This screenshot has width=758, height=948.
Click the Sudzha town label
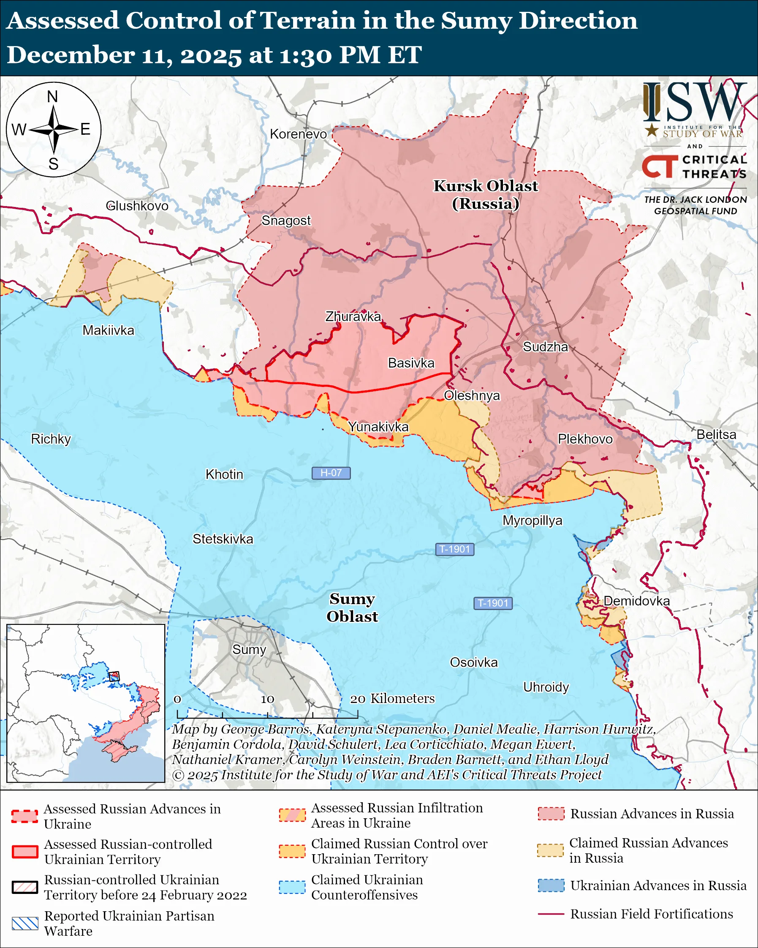click(x=545, y=347)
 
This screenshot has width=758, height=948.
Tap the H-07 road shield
click(x=331, y=473)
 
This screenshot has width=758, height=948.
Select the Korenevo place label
click(x=298, y=134)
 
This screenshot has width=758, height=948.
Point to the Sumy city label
click(x=249, y=649)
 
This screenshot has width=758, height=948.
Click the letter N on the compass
click(x=53, y=97)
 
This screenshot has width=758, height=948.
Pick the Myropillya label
click(x=532, y=520)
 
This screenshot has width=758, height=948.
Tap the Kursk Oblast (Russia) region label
click(x=486, y=195)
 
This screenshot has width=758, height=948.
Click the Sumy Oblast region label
click(x=352, y=607)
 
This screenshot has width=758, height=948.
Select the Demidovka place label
click(x=636, y=601)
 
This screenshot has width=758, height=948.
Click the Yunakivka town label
click(x=378, y=427)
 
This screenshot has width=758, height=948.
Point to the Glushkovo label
click(x=137, y=206)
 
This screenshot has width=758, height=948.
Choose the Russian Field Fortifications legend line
click(x=551, y=914)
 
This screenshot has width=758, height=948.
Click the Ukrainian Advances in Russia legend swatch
click(x=551, y=885)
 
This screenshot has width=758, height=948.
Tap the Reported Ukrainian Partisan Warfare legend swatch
click(x=25, y=923)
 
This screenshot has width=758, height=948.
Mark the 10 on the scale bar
click(x=267, y=699)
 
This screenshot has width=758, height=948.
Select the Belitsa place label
click(x=716, y=434)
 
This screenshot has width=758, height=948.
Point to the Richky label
click(x=51, y=439)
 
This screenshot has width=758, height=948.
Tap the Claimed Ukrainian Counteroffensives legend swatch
click(x=292, y=887)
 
